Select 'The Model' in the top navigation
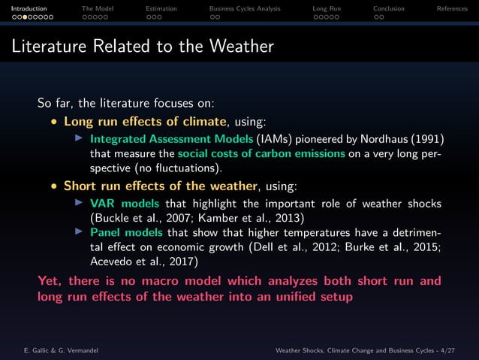coord(97,8)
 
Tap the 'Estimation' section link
coord(161,8)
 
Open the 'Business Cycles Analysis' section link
coord(244,8)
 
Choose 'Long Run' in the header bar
coord(327,8)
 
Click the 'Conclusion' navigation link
coord(388,8)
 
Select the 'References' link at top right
coord(454,8)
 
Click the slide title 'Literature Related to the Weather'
coord(143,47)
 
